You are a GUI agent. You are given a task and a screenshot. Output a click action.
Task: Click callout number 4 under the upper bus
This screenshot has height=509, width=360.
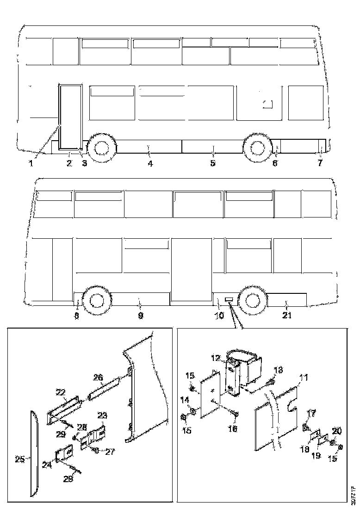coord(150,163)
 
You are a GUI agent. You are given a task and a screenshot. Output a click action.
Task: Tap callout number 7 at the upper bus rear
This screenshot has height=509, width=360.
coord(320,163)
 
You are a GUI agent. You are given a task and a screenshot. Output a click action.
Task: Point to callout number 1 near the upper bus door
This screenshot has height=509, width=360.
coord(31,163)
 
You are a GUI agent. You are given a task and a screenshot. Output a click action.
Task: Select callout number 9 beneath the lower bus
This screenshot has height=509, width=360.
coord(141,316)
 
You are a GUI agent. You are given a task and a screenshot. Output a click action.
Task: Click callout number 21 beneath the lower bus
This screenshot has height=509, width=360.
coord(287,316)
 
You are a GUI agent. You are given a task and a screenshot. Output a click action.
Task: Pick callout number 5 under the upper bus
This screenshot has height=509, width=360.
coord(212,163)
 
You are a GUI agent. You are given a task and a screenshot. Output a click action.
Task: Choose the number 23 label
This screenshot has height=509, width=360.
coord(102,415)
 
